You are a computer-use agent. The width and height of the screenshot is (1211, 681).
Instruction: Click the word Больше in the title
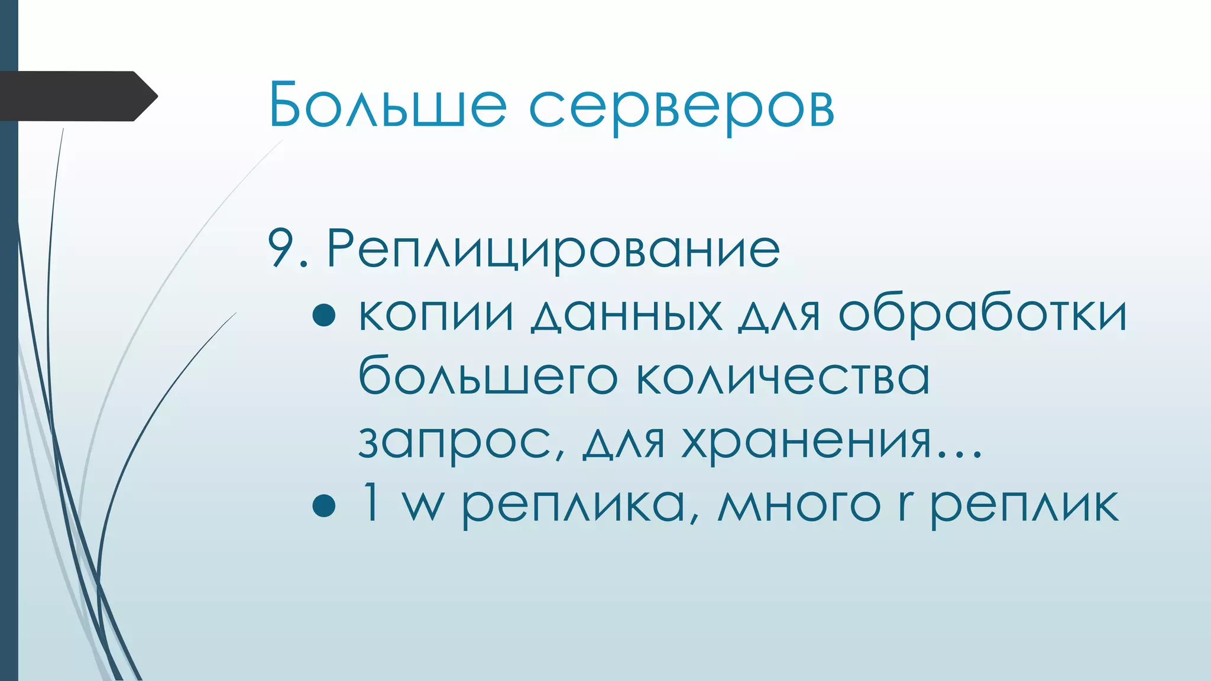pyautogui.click(x=387, y=105)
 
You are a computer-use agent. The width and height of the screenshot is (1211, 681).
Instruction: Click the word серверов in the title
pyautogui.click(x=681, y=108)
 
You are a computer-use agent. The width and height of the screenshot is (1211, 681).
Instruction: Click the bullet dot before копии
pyautogui.click(x=324, y=315)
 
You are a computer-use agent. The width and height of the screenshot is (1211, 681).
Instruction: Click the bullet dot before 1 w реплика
pyautogui.click(x=324, y=506)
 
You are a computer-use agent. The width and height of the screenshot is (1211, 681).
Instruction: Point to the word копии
pyautogui.click(x=436, y=315)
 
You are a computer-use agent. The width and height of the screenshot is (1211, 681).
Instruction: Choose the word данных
pyautogui.click(x=626, y=315)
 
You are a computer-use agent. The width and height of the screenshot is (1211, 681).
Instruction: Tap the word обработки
pyautogui.click(x=982, y=315)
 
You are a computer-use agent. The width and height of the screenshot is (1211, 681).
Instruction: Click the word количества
pyautogui.click(x=782, y=377)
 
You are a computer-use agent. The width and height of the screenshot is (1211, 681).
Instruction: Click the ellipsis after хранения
pyautogui.click(x=958, y=455)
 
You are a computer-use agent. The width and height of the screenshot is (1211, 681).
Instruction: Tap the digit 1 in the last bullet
pyautogui.click(x=371, y=502)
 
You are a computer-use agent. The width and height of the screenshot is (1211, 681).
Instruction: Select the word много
pyautogui.click(x=799, y=506)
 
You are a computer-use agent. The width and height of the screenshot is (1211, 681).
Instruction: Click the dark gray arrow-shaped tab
pyautogui.click(x=77, y=96)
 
